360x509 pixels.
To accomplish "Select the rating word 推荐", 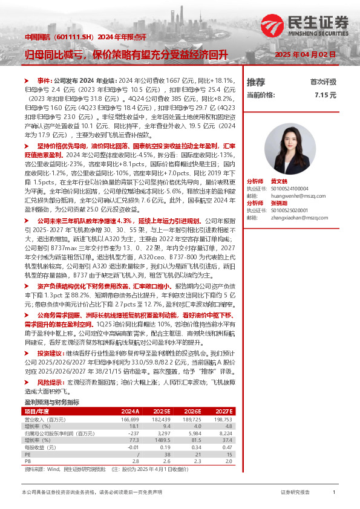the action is click(256, 82).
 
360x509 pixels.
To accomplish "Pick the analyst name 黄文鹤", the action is click(278, 181).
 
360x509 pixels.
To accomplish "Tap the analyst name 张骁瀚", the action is click(278, 203).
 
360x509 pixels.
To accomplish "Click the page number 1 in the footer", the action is click(334, 493).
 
